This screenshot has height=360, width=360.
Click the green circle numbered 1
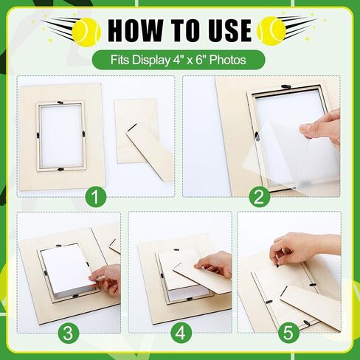(x=96, y=197)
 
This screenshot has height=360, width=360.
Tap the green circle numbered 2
(x=258, y=197)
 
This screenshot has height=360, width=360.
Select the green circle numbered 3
(x=69, y=332)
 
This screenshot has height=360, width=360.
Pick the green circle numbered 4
(x=180, y=332)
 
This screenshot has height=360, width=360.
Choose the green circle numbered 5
(x=290, y=332)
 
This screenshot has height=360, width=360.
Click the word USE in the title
(x=224, y=30)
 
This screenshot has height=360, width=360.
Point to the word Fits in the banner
(x=123, y=59)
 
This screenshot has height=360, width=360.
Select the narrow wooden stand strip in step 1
(x=150, y=151)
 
